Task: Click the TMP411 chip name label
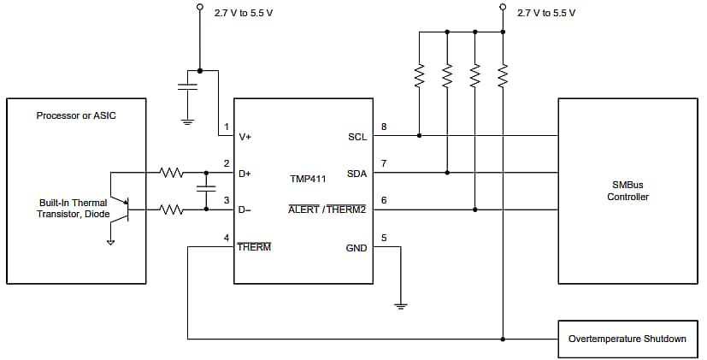pos(308,180)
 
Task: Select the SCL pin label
pos(356,136)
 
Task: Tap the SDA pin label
pos(356,173)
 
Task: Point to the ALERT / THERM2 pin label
pos(327,210)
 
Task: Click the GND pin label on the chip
pos(356,247)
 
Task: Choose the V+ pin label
pos(245,136)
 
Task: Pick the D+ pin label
pos(245,173)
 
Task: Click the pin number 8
pos(383,127)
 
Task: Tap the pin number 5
pos(383,239)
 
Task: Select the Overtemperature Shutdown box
pos(627,339)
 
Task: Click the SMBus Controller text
pos(627,191)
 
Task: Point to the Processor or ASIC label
pos(76,115)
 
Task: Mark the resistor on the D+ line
pos(172,173)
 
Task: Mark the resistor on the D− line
pos(172,210)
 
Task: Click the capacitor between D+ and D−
pos(205,191)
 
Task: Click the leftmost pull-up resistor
pos(420,77)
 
